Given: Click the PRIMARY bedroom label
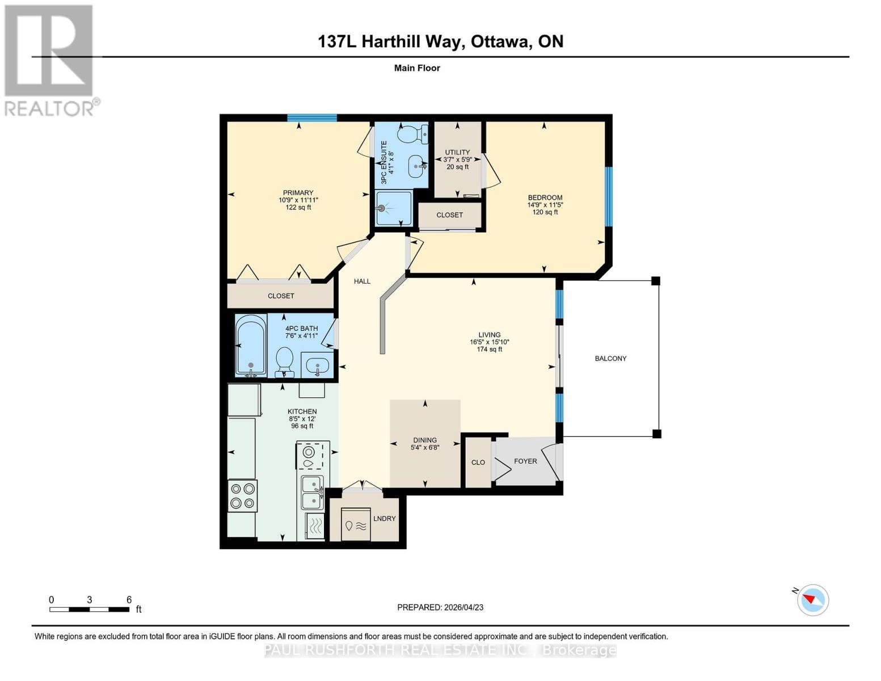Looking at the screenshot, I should (298, 193).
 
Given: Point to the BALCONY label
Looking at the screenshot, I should (610, 359).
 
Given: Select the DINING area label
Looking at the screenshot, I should (425, 440).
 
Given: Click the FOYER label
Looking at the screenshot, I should (525, 461).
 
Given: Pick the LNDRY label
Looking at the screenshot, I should (385, 519).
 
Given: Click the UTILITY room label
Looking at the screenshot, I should (457, 153).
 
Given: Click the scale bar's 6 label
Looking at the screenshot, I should (129, 600).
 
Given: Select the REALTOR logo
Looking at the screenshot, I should (50, 60).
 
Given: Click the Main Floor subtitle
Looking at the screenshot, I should (417, 68).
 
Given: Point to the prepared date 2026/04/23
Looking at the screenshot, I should (440, 607).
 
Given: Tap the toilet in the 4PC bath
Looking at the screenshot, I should (284, 361).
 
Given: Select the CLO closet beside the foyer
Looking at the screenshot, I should (478, 463).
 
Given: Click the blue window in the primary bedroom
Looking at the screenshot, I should (311, 118).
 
